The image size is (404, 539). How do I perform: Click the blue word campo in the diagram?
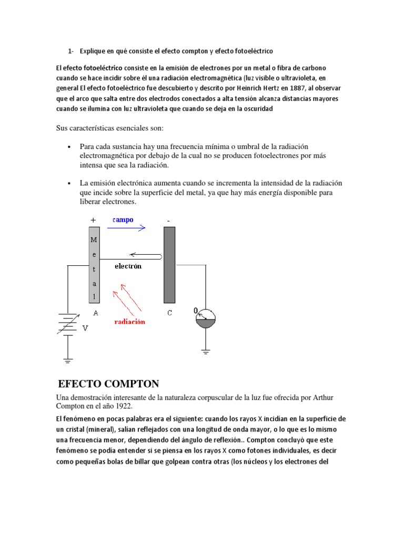pos(123,220)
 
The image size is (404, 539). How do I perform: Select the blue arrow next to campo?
pos(126,228)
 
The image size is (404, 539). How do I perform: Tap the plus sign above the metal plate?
pos(93,221)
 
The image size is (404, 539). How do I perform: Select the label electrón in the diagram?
pos(128,266)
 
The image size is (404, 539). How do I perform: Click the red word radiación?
pos(129,322)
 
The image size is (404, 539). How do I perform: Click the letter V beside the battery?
pos(85,327)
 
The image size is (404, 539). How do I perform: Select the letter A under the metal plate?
pos(95,313)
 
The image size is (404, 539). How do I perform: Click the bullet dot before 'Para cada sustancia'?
pos(69,147)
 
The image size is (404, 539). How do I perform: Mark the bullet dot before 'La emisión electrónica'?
pos(69,183)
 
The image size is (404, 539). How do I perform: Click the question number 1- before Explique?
pos(70,51)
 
